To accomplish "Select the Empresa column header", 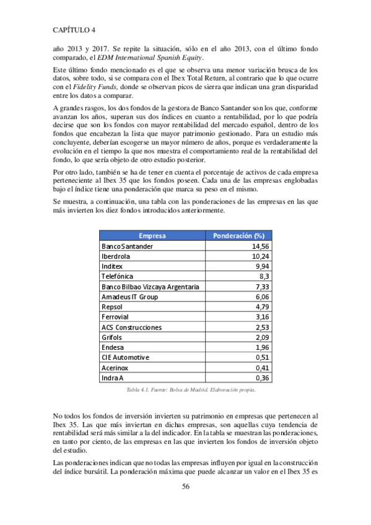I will [x=152, y=236].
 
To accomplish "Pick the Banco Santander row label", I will [x=127, y=246].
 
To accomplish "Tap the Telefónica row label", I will [x=117, y=276].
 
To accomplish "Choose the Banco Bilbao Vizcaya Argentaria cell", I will [x=150, y=286].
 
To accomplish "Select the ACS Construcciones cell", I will [x=131, y=327].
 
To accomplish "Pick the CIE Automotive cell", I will [x=125, y=357].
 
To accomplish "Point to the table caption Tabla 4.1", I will [x=190, y=390].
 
